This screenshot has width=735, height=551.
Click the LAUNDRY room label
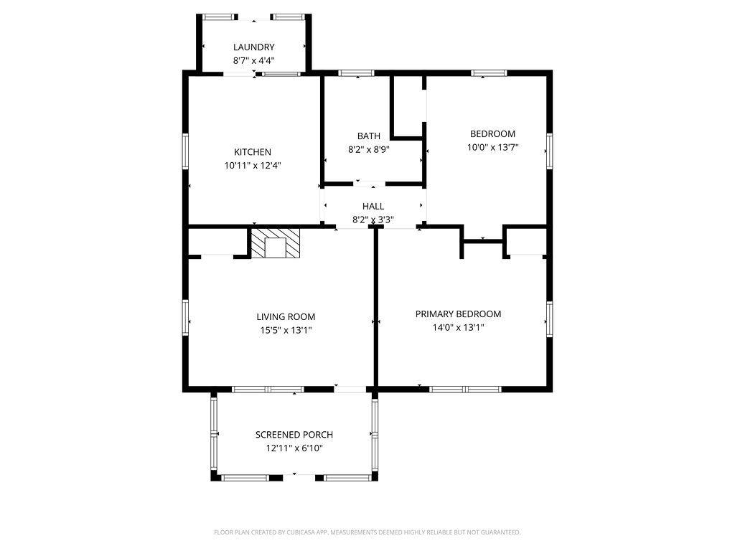tap(253, 47)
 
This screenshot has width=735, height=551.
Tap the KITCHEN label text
tap(252, 152)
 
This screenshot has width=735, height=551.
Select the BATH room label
tap(368, 136)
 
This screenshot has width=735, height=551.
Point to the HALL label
tap(373, 206)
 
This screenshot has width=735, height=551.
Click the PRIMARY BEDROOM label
tap(458, 314)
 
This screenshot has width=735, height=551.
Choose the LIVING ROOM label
tap(286, 316)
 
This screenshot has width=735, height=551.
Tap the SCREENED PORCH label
tap(294, 435)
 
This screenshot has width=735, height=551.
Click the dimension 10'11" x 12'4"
tap(252, 166)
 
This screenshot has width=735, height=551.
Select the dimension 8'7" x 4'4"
tap(253, 60)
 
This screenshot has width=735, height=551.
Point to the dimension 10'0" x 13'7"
tap(492, 147)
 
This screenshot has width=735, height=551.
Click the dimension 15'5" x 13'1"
tap(286, 330)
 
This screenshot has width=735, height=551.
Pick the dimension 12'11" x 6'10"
tap(294, 448)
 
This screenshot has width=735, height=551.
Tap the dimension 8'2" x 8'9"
tap(368, 149)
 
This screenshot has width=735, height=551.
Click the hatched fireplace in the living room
tap(275, 243)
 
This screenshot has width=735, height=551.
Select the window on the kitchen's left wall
tap(185, 151)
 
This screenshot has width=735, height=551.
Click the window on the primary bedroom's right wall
tap(549, 319)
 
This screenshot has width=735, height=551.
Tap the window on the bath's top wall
tap(356, 73)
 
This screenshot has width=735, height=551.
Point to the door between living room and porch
tap(350, 389)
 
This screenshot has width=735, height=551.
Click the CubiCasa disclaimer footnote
tap(367, 532)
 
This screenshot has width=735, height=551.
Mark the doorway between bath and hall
tap(370, 184)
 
